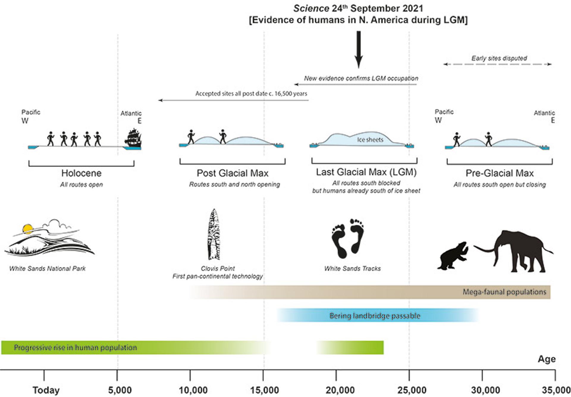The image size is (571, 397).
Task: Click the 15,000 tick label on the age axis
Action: (264, 390)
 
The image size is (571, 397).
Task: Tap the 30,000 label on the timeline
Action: (485, 390)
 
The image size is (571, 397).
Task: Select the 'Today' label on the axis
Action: (46, 390)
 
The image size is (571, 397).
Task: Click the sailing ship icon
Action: (133, 138)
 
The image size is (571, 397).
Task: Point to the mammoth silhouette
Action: (517, 250)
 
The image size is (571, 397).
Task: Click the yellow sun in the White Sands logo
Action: (28, 229)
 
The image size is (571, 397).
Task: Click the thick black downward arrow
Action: (359, 49)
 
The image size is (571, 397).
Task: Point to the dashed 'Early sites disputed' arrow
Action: (497, 64)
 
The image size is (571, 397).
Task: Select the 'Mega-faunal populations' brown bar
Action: (369, 292)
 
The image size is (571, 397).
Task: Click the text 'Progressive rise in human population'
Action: (75, 348)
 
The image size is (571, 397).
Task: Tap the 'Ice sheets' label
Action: (370, 140)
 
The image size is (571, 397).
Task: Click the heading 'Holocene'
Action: (81, 173)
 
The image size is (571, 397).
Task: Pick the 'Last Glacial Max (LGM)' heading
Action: (366, 172)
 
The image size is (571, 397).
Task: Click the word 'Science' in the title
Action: (311, 8)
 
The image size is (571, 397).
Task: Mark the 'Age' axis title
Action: (547, 359)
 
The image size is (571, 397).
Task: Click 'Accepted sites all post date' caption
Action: (251, 93)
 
